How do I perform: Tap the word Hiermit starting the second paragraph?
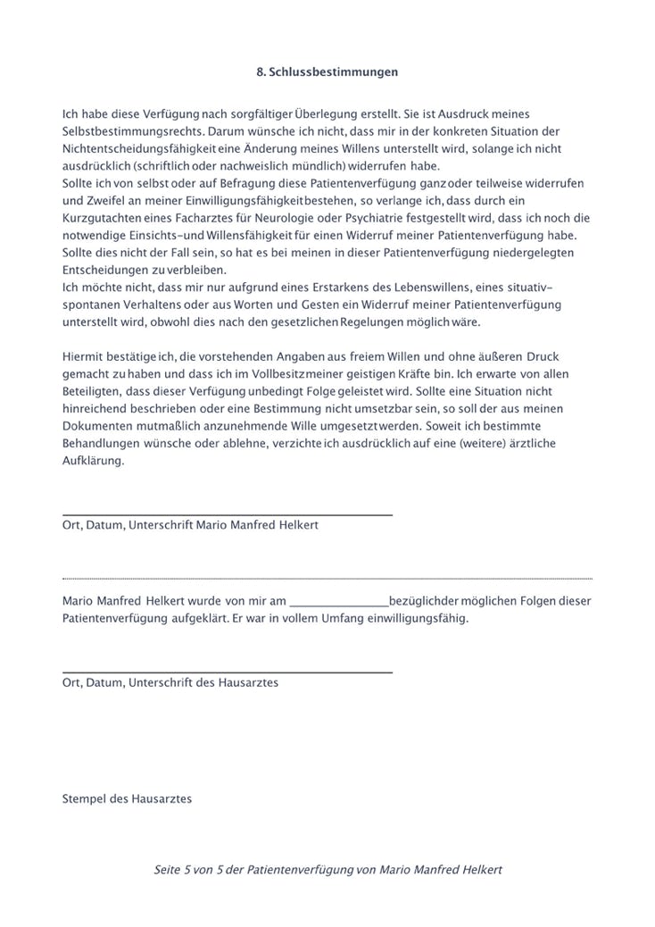tap(82, 356)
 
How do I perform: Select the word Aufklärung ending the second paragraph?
tap(93, 461)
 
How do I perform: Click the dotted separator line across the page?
tap(327, 578)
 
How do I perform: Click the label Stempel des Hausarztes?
tap(128, 798)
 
